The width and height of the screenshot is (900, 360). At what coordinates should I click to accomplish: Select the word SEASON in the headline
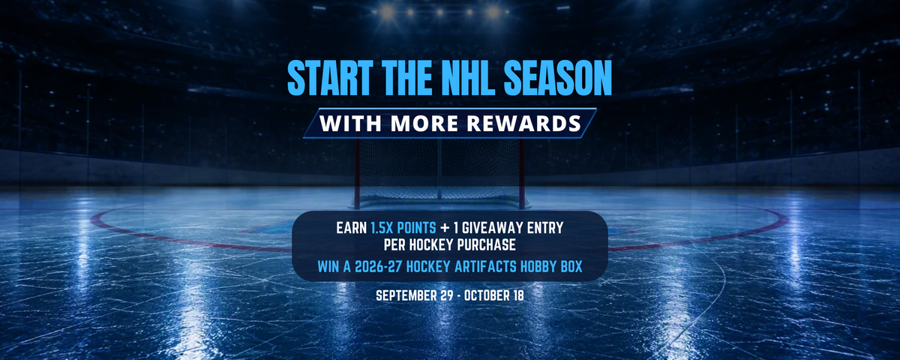[x=558, y=78]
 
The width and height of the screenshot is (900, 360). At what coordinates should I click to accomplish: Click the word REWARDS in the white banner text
[x=524, y=123]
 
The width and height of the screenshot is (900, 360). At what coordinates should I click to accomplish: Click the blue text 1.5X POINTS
[x=403, y=228]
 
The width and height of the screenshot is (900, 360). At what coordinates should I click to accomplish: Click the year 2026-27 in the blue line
[x=378, y=266]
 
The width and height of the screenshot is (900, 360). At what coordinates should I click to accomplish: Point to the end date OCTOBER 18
[x=493, y=295]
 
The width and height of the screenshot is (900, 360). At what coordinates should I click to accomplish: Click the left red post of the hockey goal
[x=357, y=173]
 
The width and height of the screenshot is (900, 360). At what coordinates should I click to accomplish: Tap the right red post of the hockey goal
[x=521, y=173]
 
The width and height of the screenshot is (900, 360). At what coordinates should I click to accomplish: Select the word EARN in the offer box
[x=352, y=228]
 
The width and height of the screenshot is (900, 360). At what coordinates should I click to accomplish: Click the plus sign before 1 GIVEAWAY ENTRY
[x=445, y=228]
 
